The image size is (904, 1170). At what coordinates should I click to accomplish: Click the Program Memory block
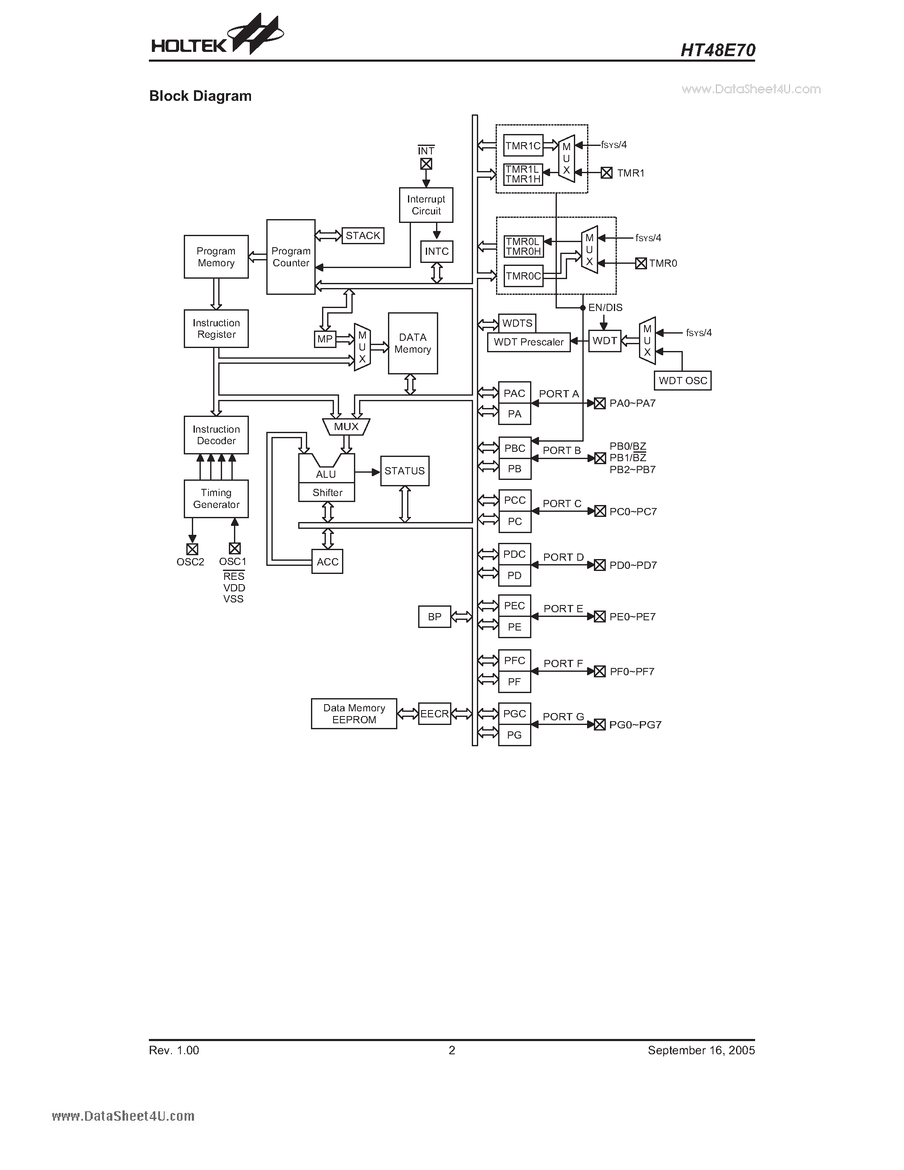tap(216, 257)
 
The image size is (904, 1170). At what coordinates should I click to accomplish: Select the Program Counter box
tap(291, 257)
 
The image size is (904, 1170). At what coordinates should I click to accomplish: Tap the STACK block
tap(362, 236)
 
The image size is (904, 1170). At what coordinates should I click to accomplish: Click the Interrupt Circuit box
tap(426, 205)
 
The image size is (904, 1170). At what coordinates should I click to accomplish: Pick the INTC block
tap(436, 251)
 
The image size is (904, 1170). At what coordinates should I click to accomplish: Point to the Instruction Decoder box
tap(216, 435)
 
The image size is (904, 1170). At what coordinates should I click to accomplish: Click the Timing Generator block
tap(216, 499)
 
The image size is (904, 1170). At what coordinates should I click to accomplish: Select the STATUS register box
tap(404, 471)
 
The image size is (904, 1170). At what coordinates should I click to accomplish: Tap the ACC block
tap(327, 562)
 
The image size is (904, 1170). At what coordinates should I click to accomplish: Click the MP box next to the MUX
tap(325, 339)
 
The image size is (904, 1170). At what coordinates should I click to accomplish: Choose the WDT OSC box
tap(682, 381)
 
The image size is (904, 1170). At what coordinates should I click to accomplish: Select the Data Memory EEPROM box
tap(354, 713)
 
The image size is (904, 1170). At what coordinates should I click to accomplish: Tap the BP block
tap(434, 616)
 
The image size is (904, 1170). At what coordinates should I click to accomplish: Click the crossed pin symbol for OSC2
tap(192, 549)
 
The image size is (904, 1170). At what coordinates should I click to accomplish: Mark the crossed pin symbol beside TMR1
tap(606, 173)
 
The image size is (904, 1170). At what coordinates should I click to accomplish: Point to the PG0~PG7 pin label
tap(635, 725)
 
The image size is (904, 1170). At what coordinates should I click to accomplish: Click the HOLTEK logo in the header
tap(217, 37)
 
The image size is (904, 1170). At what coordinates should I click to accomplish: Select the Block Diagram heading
tap(200, 96)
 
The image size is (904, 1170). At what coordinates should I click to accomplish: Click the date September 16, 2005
tap(701, 1050)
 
